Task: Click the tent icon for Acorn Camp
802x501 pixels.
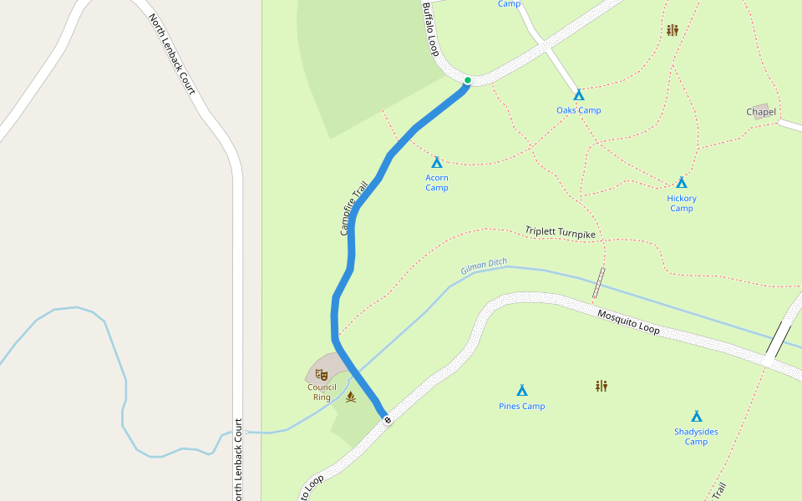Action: pos(436,162)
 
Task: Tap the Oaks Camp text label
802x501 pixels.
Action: pos(578,110)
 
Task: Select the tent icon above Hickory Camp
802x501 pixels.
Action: pos(682,182)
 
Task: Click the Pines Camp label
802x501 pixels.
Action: pos(521,407)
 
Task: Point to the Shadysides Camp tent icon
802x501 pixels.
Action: pos(696,416)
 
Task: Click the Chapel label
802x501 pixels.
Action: pos(761,112)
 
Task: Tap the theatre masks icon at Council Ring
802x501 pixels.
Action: pos(322,374)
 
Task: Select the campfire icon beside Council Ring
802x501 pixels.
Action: pos(351,397)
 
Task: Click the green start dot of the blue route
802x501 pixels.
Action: pos(468,80)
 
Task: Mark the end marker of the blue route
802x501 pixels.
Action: pos(387,418)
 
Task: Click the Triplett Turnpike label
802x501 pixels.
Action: pos(561,233)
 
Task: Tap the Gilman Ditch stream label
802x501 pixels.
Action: pos(484,267)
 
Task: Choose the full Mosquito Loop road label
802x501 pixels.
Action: pos(628,321)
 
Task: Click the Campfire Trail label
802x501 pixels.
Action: pos(354,208)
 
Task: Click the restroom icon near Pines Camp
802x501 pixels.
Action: pos(601,386)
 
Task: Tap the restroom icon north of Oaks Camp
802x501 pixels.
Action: pos(673,30)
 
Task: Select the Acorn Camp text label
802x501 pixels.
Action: pos(437,183)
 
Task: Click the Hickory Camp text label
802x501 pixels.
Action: pos(682,204)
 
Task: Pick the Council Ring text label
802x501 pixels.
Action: pos(322,392)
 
